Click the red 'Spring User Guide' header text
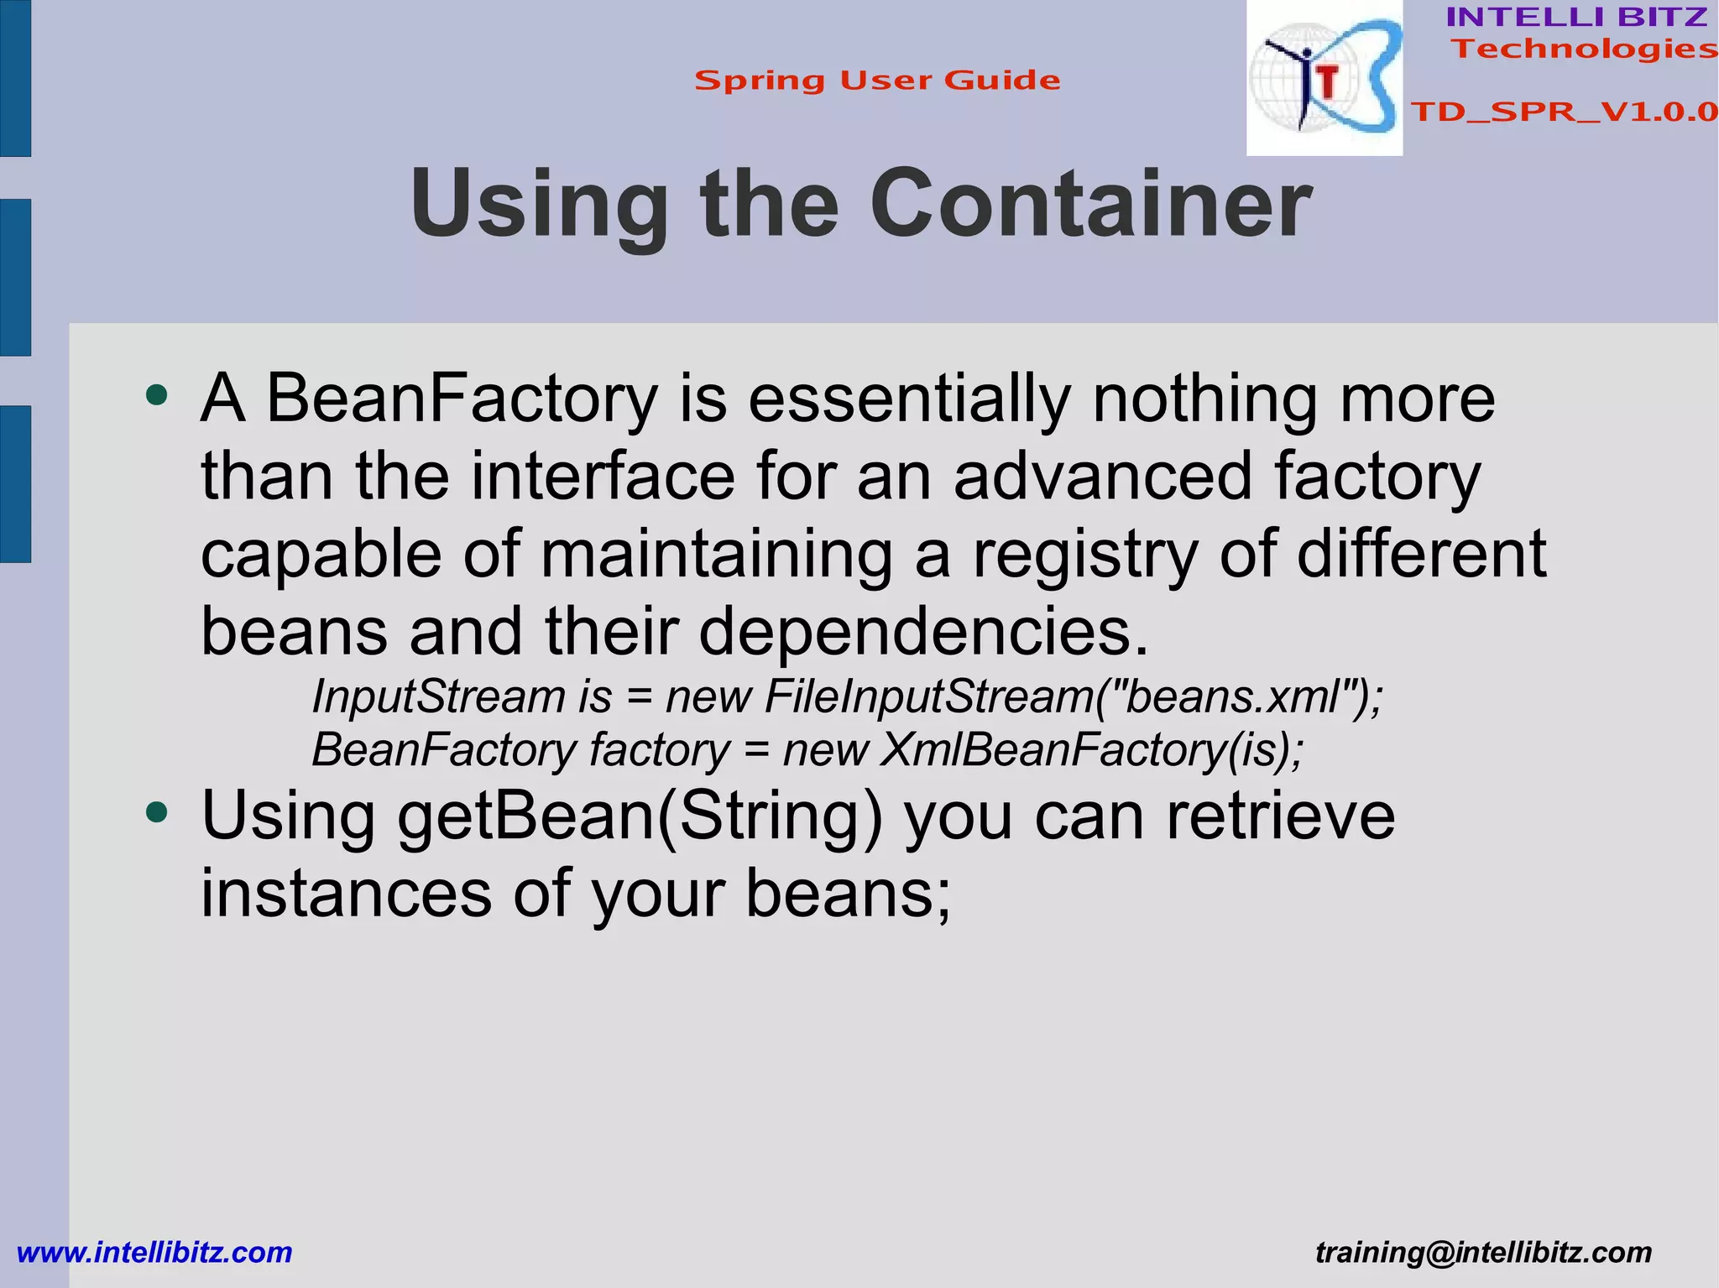click(877, 81)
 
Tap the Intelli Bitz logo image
click(1325, 78)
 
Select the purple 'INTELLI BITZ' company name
click(1576, 17)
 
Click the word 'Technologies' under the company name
click(1585, 49)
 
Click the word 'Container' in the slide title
click(1090, 204)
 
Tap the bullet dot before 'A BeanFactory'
click(157, 394)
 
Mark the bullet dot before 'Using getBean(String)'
click(157, 811)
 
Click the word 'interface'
click(603, 476)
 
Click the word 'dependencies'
click(923, 632)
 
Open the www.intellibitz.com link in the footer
click(154, 1253)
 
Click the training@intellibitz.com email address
click(1483, 1253)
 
